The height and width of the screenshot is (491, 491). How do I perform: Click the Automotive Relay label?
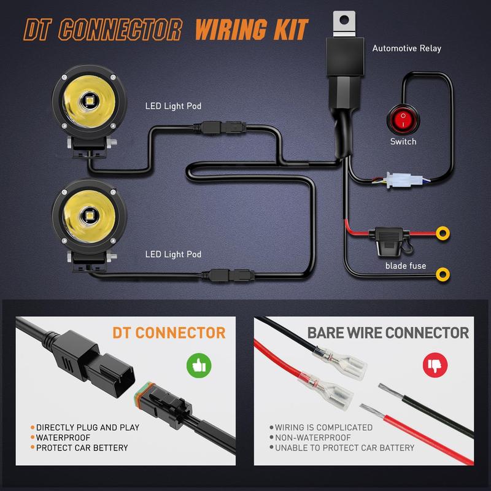(406, 48)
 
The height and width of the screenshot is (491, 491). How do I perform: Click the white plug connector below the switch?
(402, 180)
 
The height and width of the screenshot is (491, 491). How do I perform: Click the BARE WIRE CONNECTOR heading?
(388, 333)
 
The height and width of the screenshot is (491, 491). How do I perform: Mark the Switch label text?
(403, 142)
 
